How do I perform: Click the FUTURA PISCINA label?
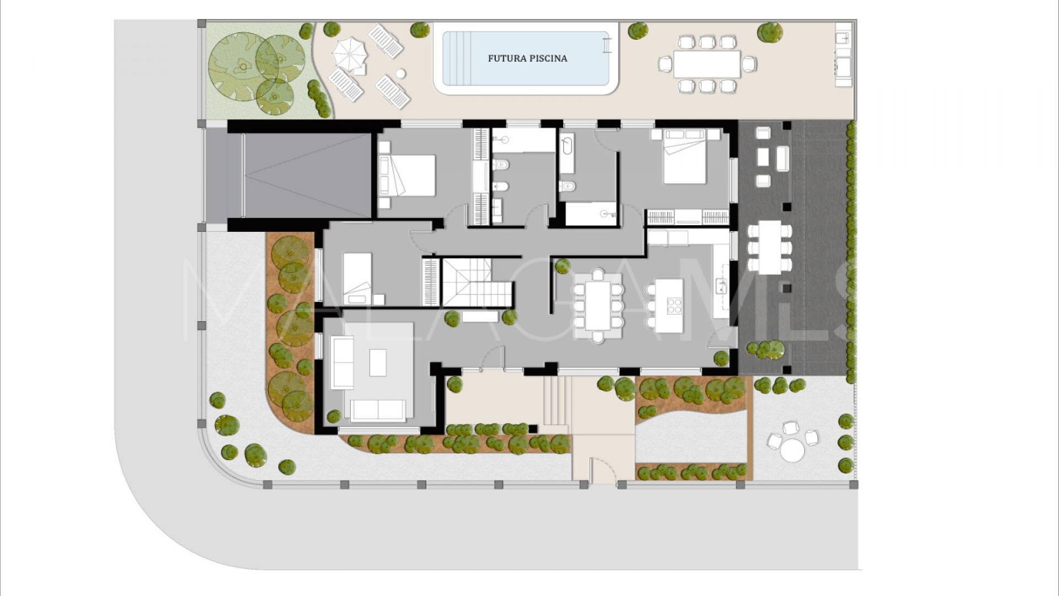point(527,58)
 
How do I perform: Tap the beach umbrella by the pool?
point(349,54)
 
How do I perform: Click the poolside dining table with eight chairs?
point(707,64)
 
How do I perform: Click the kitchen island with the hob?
point(669,305)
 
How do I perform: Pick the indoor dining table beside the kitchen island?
point(598,305)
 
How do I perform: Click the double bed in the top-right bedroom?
point(684,161)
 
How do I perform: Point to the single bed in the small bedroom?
point(357,278)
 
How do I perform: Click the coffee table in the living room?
point(378,363)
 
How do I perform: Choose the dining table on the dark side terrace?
point(769,247)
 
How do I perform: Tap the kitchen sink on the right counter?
point(721,285)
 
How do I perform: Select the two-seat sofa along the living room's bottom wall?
point(378,410)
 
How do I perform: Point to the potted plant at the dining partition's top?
point(562,266)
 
